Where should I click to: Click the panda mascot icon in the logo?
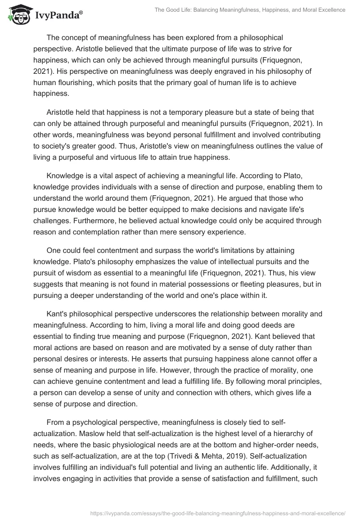point(17,15)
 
